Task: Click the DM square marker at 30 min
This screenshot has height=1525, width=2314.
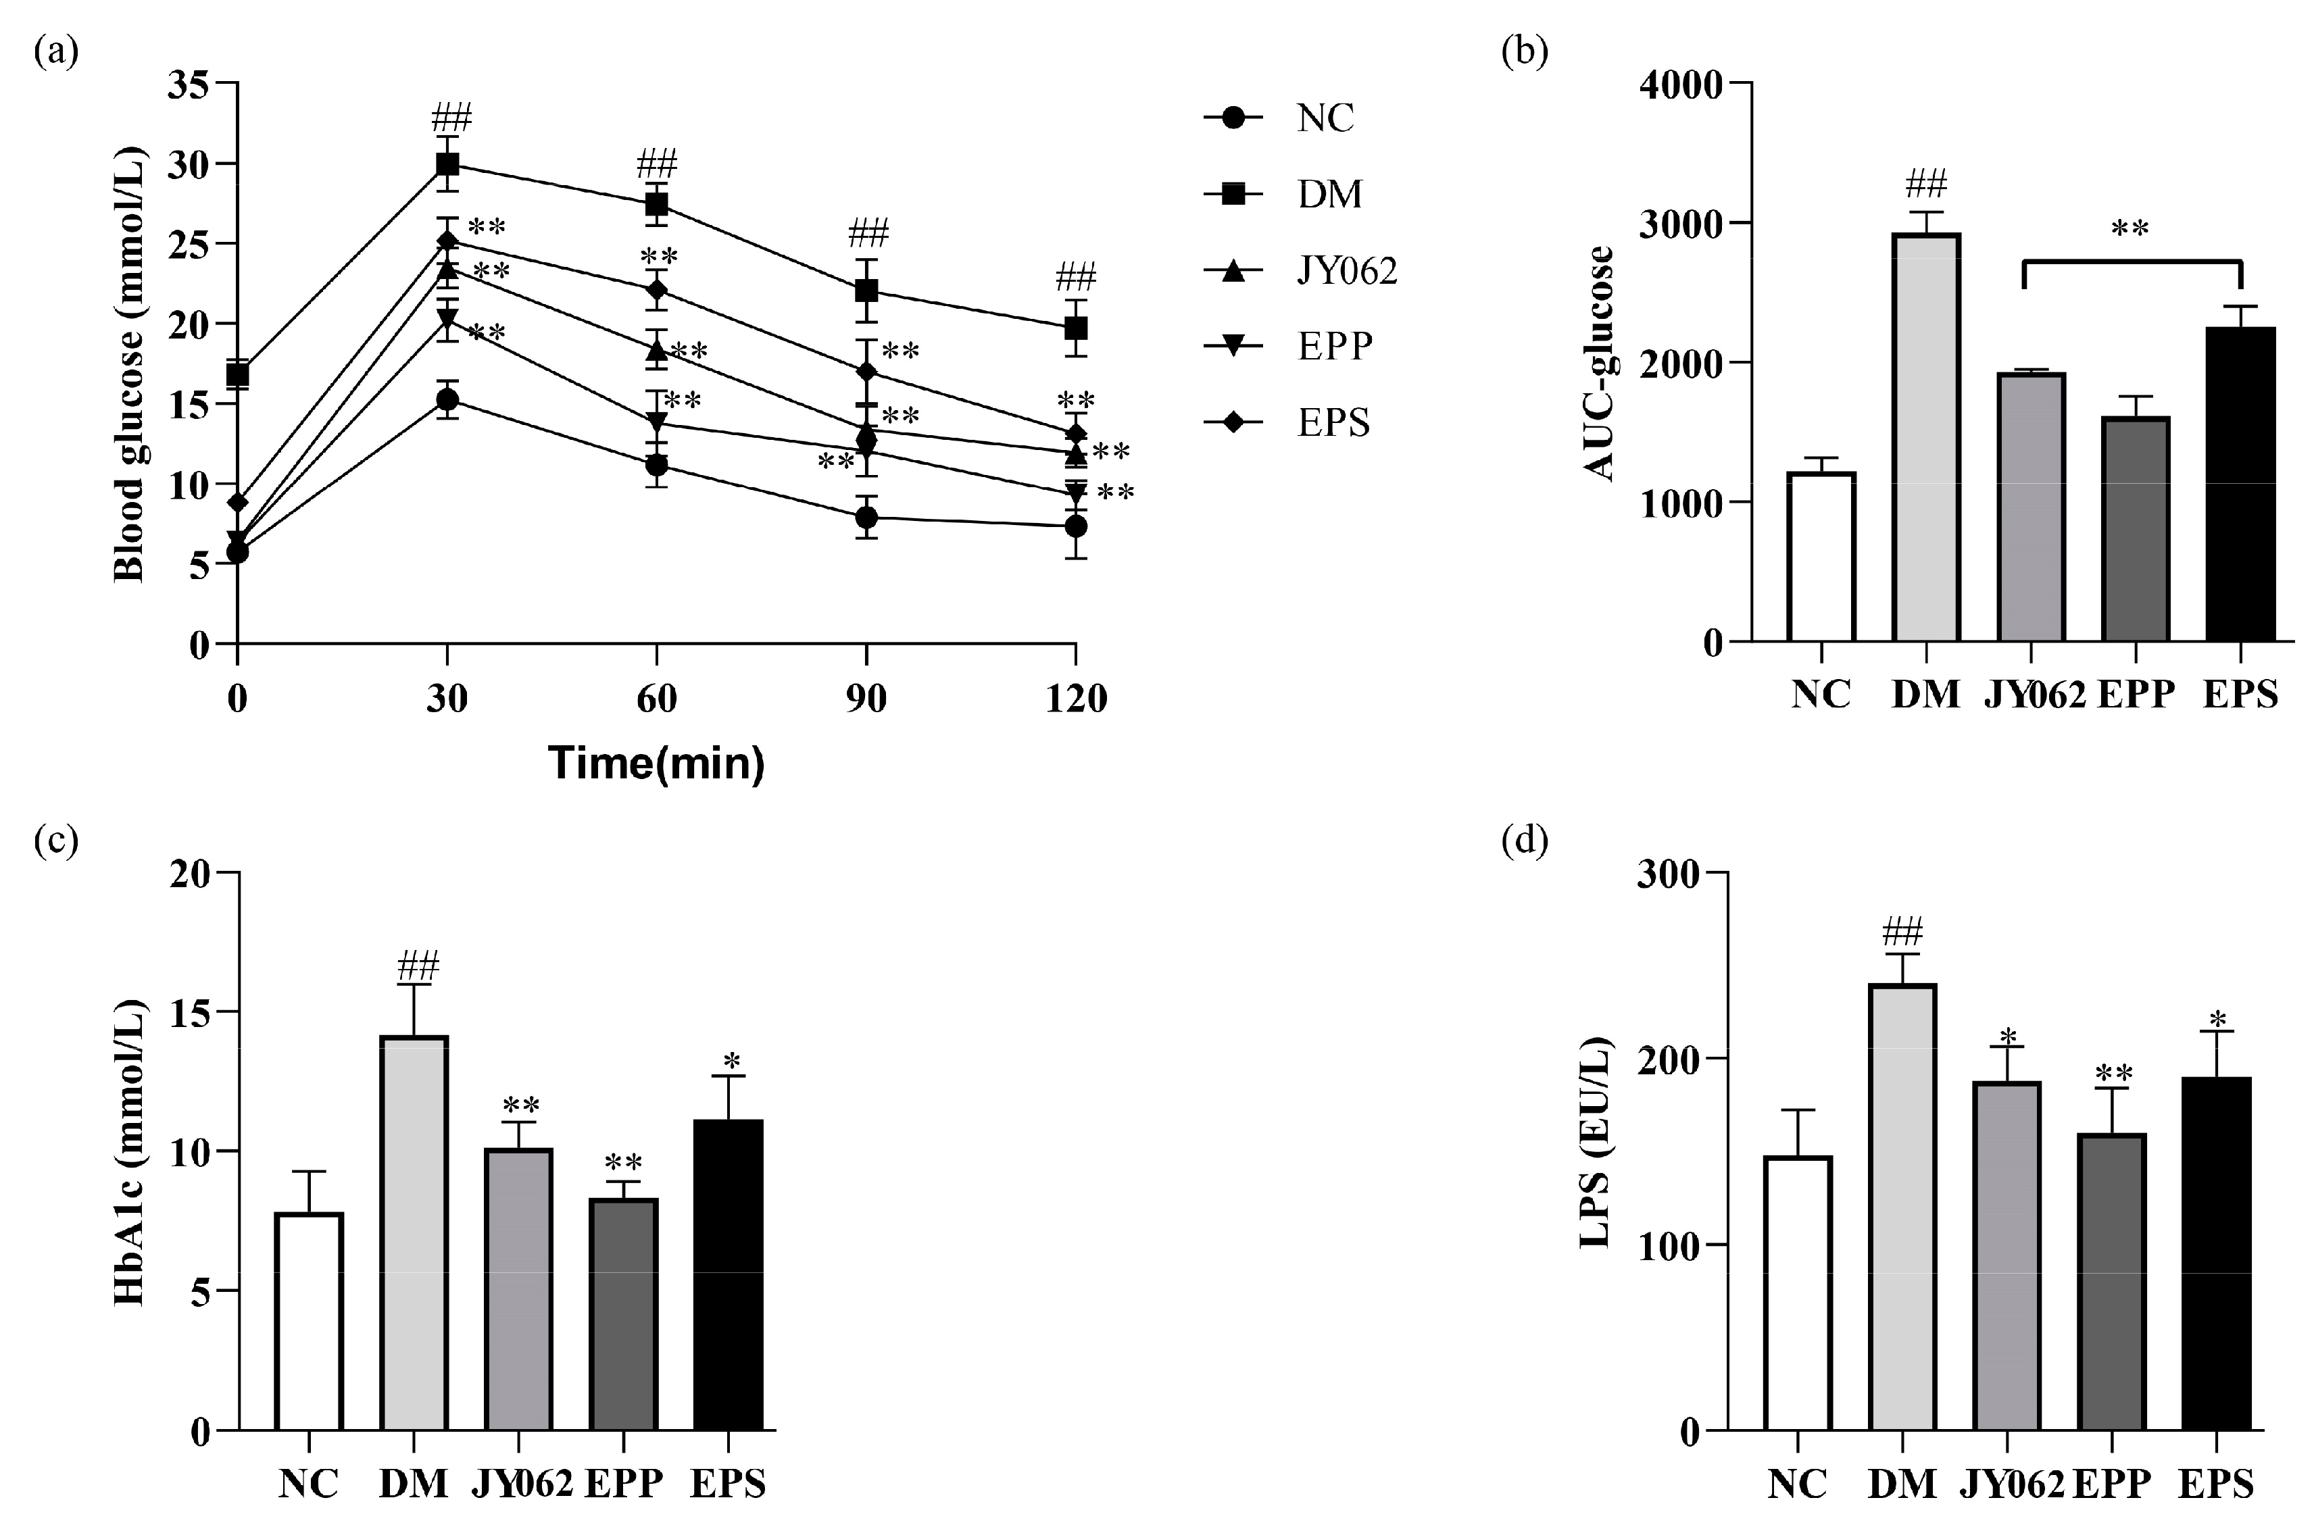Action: pyautogui.click(x=447, y=164)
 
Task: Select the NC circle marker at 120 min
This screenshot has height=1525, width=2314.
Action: pyautogui.click(x=1075, y=526)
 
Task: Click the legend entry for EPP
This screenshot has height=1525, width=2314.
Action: pyautogui.click(x=1289, y=346)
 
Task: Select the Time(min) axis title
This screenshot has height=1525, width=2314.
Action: pyautogui.click(x=657, y=764)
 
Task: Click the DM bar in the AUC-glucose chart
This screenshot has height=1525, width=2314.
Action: pyautogui.click(x=1926, y=438)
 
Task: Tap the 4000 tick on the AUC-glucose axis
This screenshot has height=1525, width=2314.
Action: pyautogui.click(x=1681, y=86)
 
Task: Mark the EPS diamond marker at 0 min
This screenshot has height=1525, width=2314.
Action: pyautogui.click(x=237, y=502)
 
